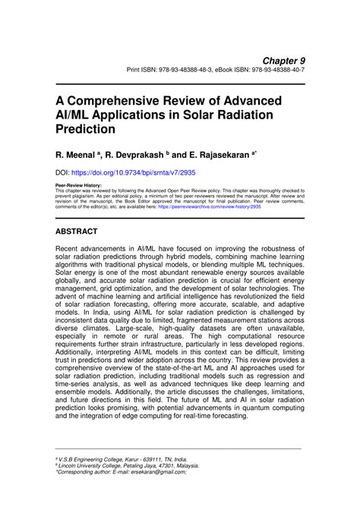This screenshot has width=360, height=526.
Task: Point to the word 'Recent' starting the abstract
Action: point(71,248)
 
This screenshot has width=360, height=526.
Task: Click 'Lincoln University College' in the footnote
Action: point(90,466)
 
